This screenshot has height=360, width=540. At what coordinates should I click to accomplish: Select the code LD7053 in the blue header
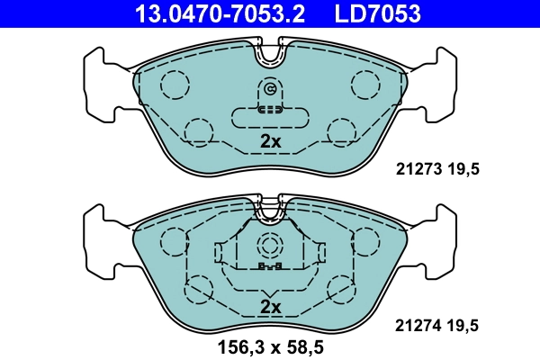pos(379,13)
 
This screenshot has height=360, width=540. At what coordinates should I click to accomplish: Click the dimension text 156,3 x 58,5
pos(270,346)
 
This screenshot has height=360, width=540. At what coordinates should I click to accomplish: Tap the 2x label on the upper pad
pos(270,141)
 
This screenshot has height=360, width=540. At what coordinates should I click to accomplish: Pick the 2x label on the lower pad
pos(270,307)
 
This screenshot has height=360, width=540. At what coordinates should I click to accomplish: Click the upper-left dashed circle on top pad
pos(175,85)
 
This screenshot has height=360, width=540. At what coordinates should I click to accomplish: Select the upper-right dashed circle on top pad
pos(365,85)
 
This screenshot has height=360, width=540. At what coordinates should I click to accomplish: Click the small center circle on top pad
pos(270,89)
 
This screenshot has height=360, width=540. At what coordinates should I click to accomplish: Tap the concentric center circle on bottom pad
pos(270,246)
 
